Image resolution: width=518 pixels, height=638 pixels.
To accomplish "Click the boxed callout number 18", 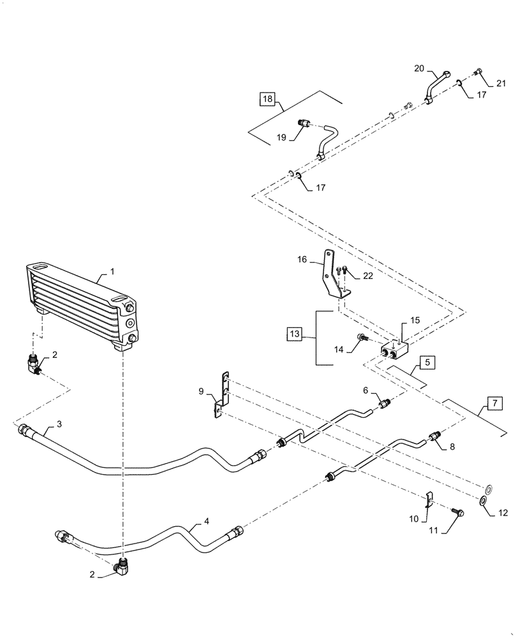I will point(267,99).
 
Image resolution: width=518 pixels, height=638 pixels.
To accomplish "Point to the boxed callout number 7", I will point(493,403).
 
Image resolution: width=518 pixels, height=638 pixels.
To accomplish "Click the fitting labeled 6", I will point(384,403).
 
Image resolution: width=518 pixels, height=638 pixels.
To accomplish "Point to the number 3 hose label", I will point(59,424).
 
